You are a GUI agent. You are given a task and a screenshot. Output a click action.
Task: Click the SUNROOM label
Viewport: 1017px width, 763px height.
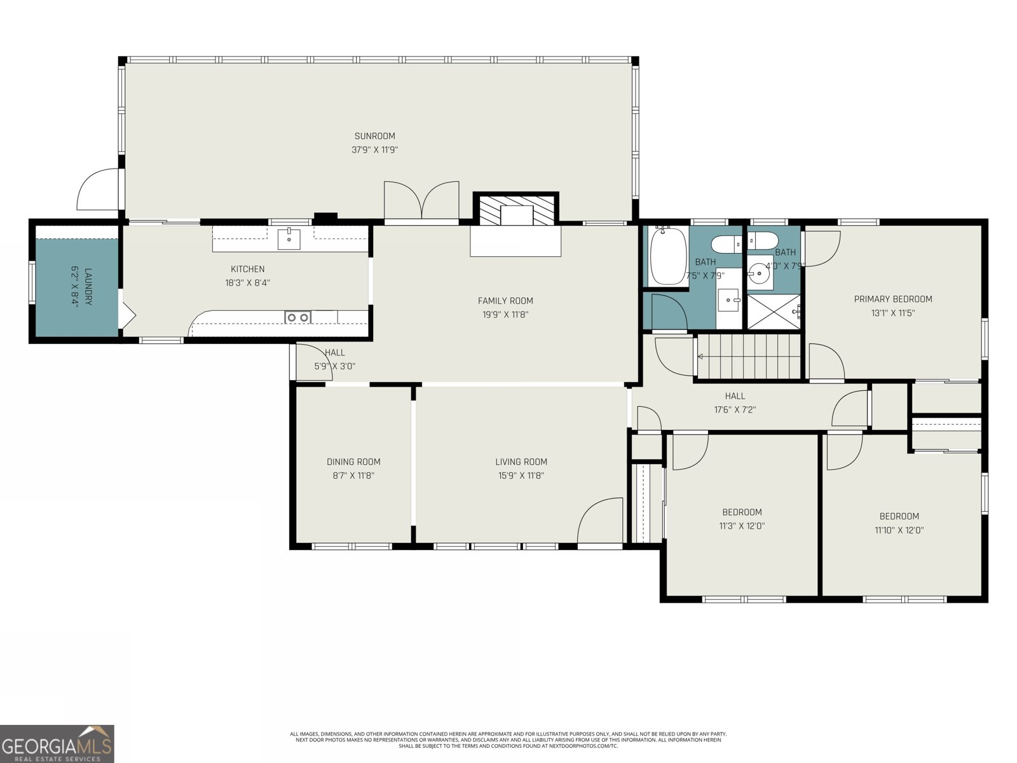pos(374,136)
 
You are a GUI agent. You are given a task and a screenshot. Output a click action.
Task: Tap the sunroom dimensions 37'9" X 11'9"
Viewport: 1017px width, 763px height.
pos(374,150)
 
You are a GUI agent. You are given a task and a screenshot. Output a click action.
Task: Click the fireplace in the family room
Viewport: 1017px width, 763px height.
pos(515,210)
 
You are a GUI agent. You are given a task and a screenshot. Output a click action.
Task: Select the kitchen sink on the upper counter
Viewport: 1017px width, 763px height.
pos(289,239)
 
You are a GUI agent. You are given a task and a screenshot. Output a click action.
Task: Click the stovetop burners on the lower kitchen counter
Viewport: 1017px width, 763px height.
pos(297,317)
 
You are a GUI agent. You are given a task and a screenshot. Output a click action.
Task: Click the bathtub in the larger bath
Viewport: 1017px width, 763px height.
pos(667,256)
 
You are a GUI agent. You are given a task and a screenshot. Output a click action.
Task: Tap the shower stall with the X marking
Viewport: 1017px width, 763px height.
pos(774,312)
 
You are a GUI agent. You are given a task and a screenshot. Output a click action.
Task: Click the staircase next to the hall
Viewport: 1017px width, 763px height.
pos(748,357)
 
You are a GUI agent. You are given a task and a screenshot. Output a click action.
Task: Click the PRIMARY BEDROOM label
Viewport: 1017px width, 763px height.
pos(892,299)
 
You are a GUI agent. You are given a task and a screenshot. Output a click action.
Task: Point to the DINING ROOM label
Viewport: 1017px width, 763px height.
pos(353,462)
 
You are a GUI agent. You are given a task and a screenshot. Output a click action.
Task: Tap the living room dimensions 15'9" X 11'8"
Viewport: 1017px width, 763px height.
pos(521,476)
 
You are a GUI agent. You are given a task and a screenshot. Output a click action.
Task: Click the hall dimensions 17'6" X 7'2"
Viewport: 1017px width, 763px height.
pos(735,410)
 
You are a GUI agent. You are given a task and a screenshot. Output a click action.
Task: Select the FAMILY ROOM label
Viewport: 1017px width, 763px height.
pos(505,301)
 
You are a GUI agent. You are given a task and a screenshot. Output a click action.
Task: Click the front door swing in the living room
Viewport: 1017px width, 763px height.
pos(600,521)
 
